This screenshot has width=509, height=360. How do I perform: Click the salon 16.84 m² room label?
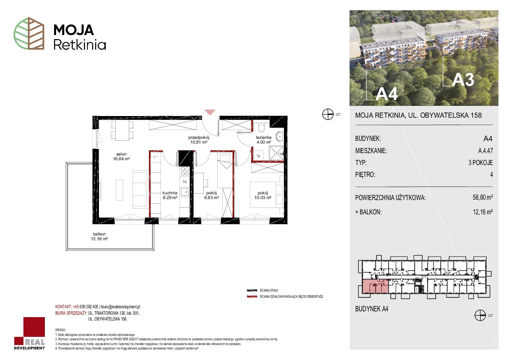tap(121, 157)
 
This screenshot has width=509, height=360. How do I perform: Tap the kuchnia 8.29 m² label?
tap(170, 195)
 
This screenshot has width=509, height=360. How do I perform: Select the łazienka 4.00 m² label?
tap(264, 140)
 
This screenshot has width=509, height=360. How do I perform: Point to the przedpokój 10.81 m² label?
tap(199, 140)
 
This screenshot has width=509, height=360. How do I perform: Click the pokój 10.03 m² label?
tap(263, 195)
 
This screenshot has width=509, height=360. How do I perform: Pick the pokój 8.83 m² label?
tap(211, 195)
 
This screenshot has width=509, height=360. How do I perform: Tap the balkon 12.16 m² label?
tap(99, 236)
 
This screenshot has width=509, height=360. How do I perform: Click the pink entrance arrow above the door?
tap(210, 112)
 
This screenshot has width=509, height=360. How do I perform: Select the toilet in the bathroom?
tap(261, 127)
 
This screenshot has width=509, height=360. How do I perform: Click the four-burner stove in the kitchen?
tap(185, 171)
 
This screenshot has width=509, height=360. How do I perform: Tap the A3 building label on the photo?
tap(463, 80)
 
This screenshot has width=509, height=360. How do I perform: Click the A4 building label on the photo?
tap(386, 94)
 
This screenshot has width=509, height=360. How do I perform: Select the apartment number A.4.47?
tap(485, 150)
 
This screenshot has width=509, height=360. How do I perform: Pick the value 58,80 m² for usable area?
tap(482, 197)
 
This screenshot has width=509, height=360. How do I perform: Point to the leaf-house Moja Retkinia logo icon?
tap(29, 33)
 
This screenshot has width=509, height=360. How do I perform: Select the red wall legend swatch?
tap(252, 297)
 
